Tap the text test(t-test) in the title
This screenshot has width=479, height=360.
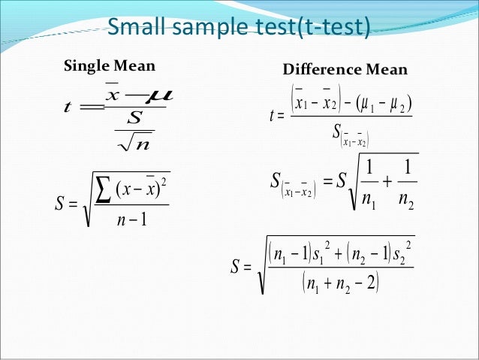tap(318, 28)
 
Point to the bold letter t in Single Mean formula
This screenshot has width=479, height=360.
tap(70, 107)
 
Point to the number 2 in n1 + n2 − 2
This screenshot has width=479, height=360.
tap(372, 283)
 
